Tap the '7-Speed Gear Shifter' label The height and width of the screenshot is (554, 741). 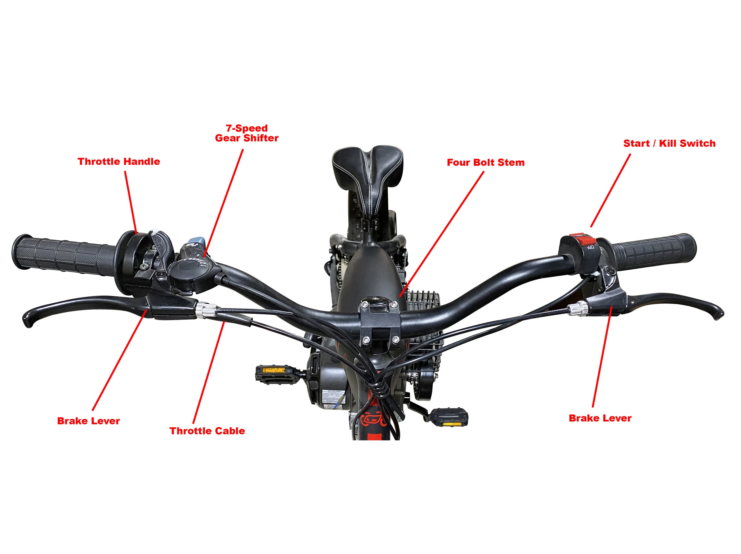(247, 133)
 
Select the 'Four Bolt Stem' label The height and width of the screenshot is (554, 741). (485, 163)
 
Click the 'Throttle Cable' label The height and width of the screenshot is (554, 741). (207, 431)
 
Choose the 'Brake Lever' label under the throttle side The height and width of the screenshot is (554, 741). (89, 421)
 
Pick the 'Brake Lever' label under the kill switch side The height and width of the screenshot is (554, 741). (600, 418)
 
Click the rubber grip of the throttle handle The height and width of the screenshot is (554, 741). (64, 255)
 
